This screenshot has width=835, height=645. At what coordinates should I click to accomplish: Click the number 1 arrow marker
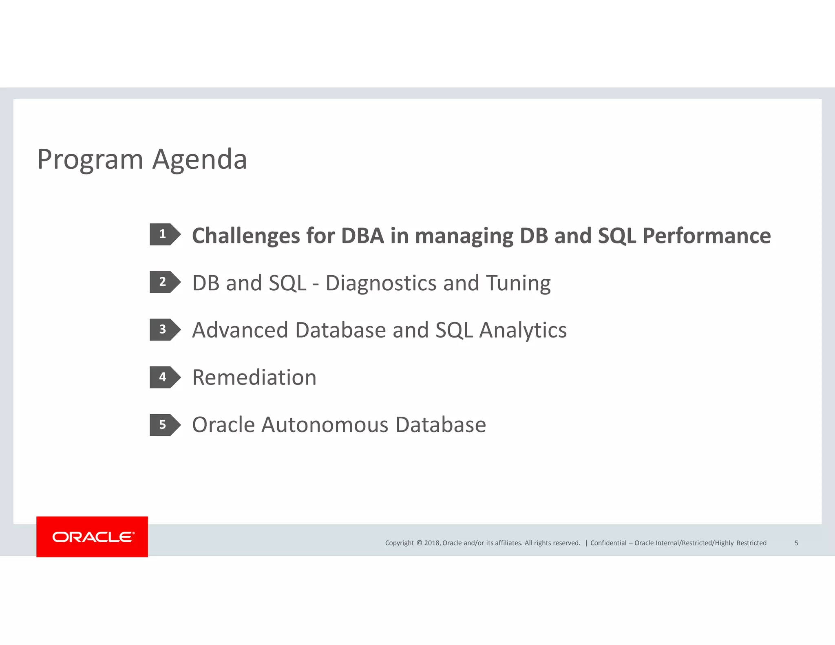click(164, 234)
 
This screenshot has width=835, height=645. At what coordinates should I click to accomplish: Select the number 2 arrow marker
click(164, 282)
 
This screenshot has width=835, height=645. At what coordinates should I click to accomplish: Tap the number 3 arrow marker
click(164, 329)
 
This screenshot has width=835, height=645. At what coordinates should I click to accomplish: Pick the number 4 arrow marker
click(164, 377)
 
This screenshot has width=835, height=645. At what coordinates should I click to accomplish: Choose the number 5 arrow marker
click(164, 425)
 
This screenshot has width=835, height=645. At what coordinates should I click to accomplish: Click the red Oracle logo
click(92, 537)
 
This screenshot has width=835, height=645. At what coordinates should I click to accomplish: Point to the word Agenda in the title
click(199, 159)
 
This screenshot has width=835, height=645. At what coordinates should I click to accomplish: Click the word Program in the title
click(90, 159)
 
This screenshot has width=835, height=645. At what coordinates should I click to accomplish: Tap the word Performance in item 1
click(706, 236)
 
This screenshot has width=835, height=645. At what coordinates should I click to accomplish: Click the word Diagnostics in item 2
click(381, 283)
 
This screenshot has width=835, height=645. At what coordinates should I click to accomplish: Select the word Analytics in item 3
click(523, 330)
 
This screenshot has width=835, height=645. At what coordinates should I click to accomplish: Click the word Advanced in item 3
click(240, 330)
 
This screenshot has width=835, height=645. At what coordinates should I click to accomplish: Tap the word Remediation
click(254, 378)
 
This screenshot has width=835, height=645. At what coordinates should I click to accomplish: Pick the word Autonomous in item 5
click(325, 425)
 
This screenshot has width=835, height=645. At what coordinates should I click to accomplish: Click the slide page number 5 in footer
click(796, 543)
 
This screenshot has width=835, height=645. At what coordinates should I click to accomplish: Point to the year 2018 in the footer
click(431, 543)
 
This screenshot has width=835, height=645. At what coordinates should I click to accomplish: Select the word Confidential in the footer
click(608, 543)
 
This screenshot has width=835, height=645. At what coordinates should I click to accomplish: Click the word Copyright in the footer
click(399, 543)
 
